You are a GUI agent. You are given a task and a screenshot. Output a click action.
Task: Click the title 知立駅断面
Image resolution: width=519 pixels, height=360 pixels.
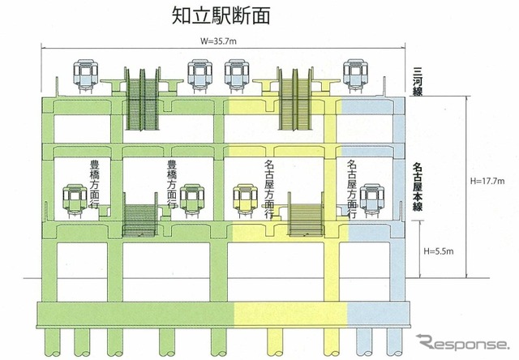point(221,15)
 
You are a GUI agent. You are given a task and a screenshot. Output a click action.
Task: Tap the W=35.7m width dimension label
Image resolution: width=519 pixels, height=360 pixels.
point(218,41)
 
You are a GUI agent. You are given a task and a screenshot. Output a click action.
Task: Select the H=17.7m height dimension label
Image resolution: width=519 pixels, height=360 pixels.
point(487,181)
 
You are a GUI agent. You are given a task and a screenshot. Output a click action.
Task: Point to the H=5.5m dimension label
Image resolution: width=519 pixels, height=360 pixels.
point(439,251)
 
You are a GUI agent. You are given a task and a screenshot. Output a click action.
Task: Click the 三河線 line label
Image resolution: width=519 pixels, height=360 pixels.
point(418,82)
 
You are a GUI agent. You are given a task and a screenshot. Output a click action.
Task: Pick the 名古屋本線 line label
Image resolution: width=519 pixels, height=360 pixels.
point(418,186)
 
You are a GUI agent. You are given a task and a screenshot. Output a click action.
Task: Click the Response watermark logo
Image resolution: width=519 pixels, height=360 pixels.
point(462,342)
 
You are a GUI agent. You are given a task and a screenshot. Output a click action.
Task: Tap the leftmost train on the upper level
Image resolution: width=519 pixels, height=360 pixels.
point(86,76)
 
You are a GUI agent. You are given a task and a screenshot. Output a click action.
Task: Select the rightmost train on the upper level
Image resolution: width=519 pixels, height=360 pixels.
point(356,76)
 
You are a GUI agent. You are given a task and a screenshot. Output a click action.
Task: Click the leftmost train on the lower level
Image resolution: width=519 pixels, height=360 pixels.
point(75,201)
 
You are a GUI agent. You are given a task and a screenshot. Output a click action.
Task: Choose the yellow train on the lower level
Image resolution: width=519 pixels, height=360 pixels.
point(245,201)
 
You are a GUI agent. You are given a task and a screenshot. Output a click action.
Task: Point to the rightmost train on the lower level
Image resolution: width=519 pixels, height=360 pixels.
point(372,201)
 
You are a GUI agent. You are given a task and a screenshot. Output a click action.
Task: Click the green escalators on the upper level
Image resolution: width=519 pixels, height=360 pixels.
point(143,99)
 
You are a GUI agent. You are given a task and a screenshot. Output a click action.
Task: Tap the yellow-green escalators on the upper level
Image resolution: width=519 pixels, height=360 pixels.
point(295,99)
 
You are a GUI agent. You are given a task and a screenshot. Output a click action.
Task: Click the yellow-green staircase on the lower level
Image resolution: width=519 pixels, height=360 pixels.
point(306,214)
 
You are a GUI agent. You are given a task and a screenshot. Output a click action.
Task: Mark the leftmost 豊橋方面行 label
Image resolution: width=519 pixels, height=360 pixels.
point(95,185)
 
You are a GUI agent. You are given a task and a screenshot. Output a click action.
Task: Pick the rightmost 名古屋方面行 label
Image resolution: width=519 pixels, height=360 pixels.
point(352,189)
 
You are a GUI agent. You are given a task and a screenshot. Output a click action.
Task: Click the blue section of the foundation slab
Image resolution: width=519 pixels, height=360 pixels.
point(379,314)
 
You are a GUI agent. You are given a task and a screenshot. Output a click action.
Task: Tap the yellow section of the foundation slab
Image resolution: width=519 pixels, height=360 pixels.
point(290,314)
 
